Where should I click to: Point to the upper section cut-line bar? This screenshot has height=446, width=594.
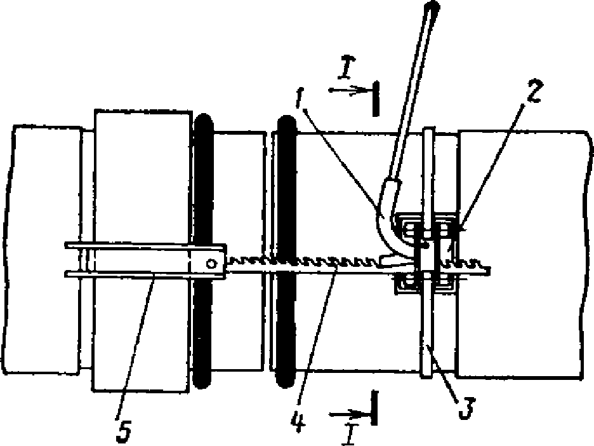coord(376,98)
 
